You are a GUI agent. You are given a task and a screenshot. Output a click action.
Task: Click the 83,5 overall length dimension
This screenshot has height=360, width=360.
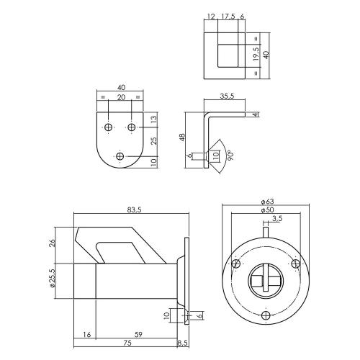click(x=133, y=210)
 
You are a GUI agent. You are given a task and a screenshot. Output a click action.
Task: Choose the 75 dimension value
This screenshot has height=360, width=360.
click(x=127, y=343)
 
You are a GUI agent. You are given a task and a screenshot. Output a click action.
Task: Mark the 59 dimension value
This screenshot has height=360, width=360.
click(x=138, y=335)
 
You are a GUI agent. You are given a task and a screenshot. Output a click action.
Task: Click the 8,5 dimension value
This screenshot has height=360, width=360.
click(x=184, y=343)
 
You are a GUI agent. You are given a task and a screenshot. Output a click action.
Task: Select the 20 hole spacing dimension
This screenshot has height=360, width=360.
click(x=120, y=99)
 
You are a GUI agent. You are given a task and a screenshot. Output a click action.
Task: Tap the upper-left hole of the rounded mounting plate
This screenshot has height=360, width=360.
click(x=108, y=127)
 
